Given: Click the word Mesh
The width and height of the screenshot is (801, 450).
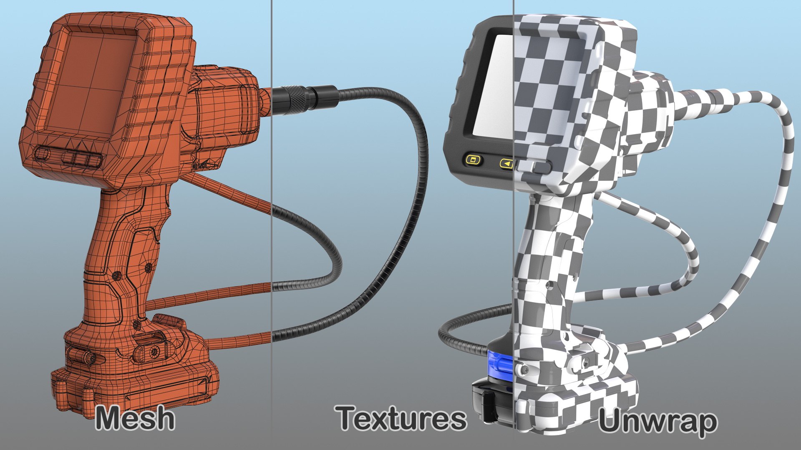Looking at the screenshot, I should click(135, 418).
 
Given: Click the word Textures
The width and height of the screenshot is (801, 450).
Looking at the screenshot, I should click(401, 418).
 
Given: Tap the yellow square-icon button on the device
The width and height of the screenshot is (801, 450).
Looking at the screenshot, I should click(473, 160).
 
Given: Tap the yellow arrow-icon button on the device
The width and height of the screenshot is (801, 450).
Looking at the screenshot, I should click(506, 164).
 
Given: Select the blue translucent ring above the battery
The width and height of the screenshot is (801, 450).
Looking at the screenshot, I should click(500, 365).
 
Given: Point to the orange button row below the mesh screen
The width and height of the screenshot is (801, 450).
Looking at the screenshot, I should click(69, 156).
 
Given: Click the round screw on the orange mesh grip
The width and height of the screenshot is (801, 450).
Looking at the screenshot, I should click(116, 275).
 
